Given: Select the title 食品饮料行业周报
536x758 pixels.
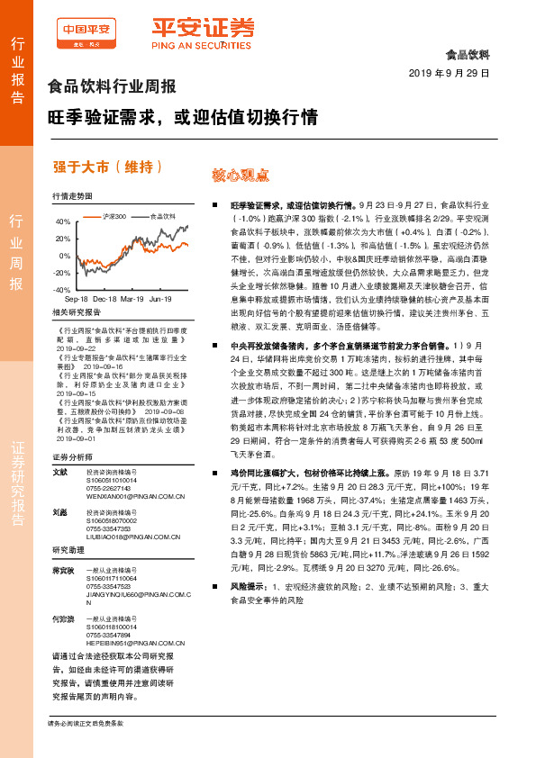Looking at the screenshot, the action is [x=111, y=87].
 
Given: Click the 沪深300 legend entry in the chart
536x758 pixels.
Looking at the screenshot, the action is [x=114, y=216].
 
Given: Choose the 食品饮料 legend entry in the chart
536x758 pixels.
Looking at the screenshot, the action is [x=162, y=216].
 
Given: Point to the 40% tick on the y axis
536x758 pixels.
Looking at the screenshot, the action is [x=63, y=221].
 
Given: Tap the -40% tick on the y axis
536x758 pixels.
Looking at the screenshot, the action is [x=62, y=289].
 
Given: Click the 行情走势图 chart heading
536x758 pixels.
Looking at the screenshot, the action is [x=72, y=195].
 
